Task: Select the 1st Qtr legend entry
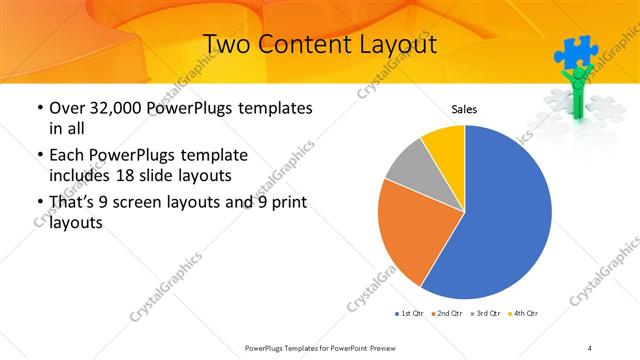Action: tap(408, 314)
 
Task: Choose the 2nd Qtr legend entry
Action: tap(446, 314)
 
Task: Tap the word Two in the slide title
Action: tap(226, 44)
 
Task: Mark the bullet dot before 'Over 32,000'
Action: tap(38, 108)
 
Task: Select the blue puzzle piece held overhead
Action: tap(575, 51)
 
